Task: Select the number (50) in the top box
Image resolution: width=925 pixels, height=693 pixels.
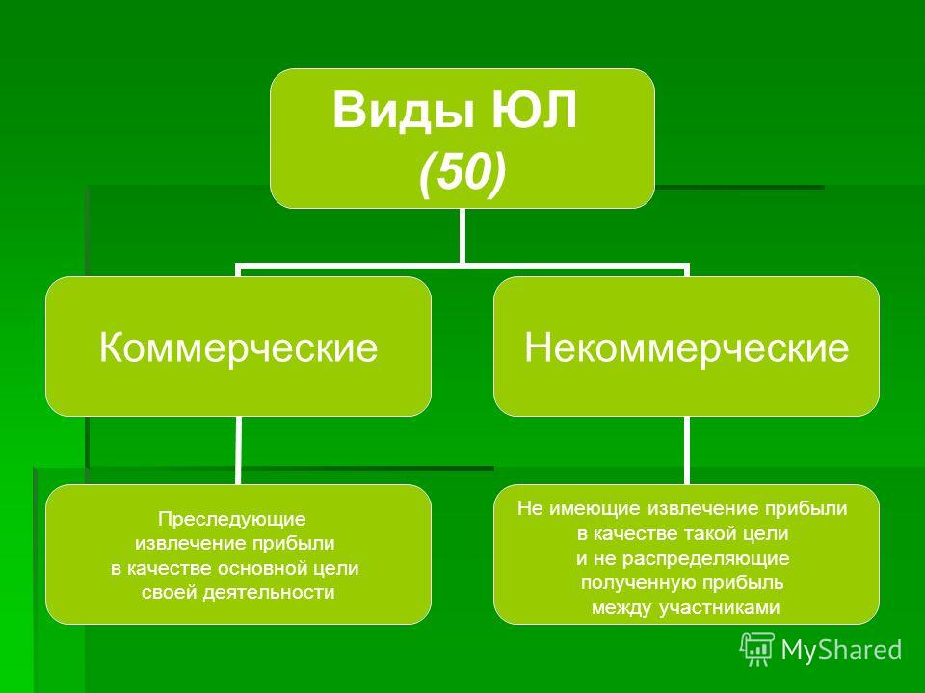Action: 462,172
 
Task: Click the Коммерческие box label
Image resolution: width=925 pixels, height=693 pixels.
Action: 238,347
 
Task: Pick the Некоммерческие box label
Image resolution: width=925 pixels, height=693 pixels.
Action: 687,347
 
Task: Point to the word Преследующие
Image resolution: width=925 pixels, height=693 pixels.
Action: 232,519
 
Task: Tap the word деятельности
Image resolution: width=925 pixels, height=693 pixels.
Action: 269,592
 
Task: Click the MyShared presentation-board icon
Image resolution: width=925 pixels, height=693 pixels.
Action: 757,650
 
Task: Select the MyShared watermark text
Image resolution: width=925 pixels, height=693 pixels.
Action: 841,650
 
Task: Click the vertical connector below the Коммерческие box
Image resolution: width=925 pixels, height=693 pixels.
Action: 238,450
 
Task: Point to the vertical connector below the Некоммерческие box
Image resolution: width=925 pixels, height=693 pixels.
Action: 687,450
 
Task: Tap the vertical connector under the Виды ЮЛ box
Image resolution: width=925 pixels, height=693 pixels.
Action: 462,236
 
